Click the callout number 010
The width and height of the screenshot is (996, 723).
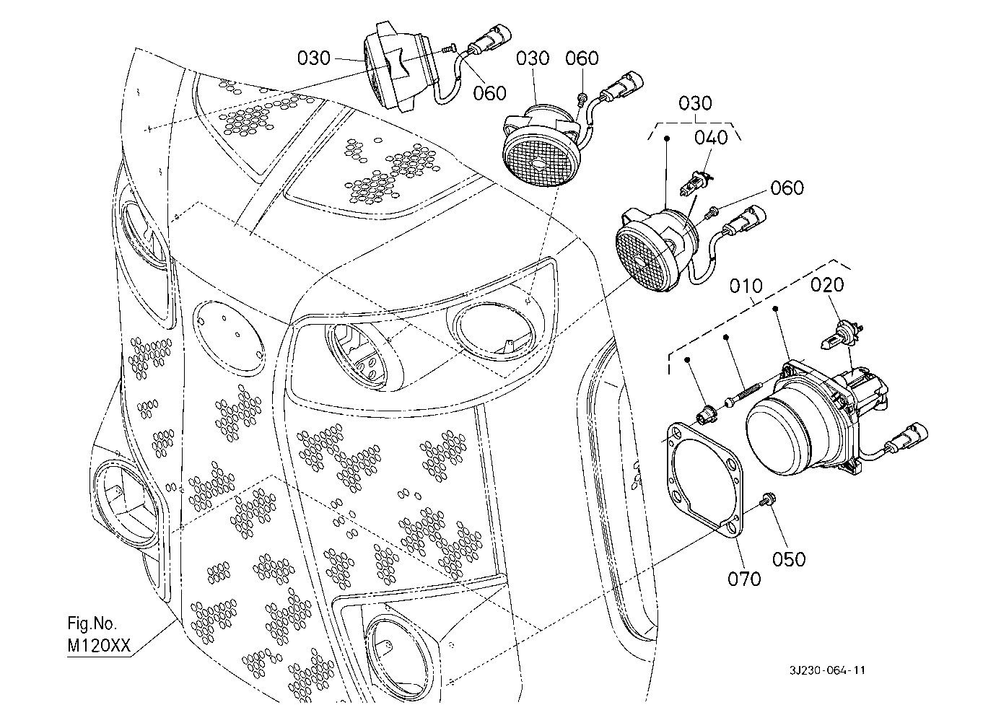[746, 286]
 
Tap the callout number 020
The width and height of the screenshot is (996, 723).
[827, 284]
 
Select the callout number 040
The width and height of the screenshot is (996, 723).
[712, 138]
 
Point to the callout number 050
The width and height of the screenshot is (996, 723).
[789, 559]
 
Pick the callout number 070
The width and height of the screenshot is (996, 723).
[744, 579]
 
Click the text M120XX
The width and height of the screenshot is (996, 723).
[99, 646]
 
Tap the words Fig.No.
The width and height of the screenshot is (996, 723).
[92, 623]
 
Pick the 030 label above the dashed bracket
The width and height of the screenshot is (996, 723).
[696, 103]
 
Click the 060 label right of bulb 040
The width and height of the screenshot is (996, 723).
[787, 188]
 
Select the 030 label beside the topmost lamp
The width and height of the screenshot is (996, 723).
[314, 58]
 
